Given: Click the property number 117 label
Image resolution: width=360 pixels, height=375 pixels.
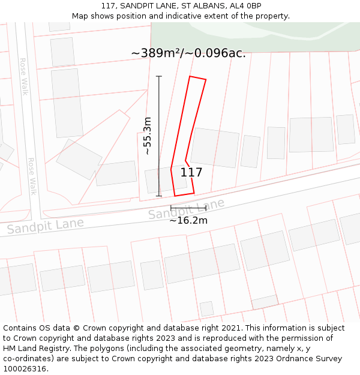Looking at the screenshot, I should click(191, 173).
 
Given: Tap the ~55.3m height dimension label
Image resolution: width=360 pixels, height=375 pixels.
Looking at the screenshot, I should click(148, 136).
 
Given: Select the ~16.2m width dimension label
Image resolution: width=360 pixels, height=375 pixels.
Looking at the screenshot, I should click(188, 220).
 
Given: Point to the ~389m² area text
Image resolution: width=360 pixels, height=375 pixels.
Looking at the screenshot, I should click(155, 53).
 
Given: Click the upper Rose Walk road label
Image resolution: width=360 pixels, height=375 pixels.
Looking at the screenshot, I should click(24, 76).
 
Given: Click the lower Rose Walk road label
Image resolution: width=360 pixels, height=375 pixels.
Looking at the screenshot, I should click(32, 176).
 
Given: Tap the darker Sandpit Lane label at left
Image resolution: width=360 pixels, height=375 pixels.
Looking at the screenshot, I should click(45, 226).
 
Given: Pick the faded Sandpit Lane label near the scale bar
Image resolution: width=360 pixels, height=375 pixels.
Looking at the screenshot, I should click(186, 208).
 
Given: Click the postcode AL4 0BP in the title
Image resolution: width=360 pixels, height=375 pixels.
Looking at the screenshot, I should click(245, 6).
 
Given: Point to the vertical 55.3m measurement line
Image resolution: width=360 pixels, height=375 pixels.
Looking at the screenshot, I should click(159, 136).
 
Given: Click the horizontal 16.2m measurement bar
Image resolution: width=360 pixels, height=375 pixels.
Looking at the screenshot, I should click(188, 208).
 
